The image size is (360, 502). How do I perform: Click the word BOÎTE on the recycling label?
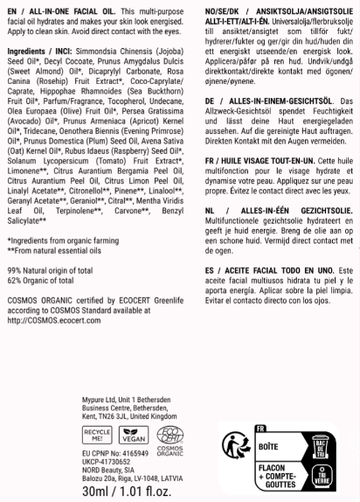269,445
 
